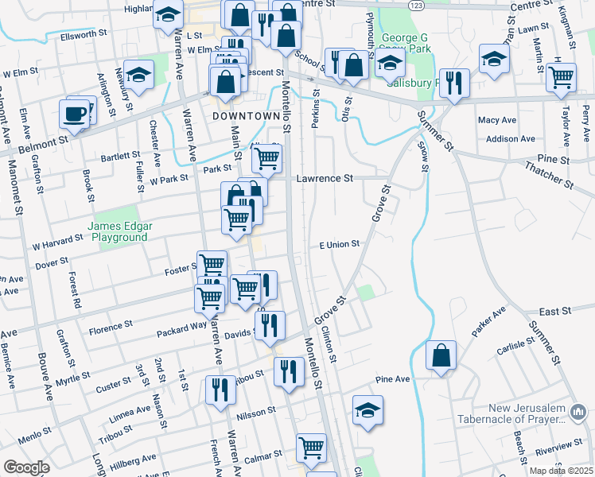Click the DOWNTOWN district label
click(x=247, y=116)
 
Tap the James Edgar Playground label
click(x=121, y=231)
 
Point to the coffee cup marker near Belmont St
click(x=75, y=114)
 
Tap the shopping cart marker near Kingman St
click(x=562, y=77)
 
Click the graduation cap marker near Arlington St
click(x=139, y=76)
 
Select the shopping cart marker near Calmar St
click(x=310, y=447)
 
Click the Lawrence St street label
click(x=325, y=179)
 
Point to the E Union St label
click(x=340, y=244)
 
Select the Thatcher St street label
click(x=549, y=174)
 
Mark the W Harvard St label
click(x=57, y=239)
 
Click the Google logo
click(x=26, y=467)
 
